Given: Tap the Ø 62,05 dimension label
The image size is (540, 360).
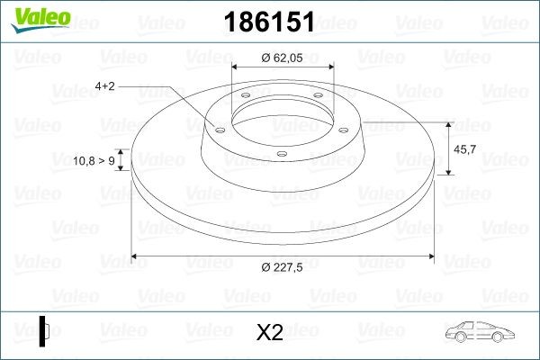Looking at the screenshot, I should click(282, 57).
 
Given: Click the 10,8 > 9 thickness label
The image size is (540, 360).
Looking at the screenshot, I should click(93, 160).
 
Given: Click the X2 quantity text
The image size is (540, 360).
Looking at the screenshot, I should click(270, 332).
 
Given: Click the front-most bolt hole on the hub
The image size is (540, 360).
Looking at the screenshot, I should click(282, 155).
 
